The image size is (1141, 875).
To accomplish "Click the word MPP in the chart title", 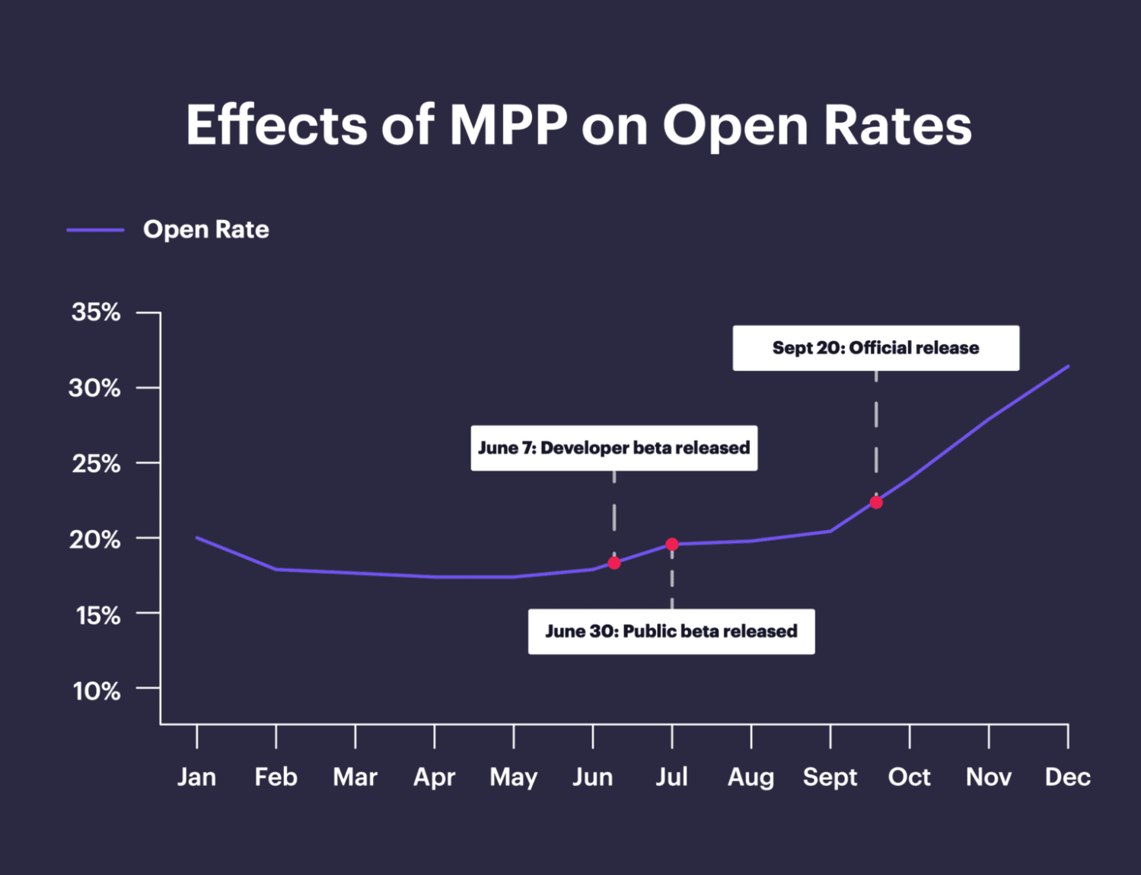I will pos(508,125).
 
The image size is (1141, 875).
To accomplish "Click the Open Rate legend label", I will pos(206,229).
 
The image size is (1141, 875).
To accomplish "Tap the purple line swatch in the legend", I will pos(95,229).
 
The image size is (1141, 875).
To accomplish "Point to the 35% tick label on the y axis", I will pos(96,311).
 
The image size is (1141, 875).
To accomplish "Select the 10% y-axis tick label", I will pos(96,691).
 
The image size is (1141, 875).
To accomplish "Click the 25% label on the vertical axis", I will pos(96,463).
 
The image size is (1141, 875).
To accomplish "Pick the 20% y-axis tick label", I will pos(96,539).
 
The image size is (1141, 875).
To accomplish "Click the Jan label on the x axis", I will pos(196,777).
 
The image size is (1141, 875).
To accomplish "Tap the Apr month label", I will pos(434,777).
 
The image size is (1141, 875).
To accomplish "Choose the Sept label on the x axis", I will pos(830,777).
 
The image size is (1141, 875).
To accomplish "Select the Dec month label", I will pos(1067,777).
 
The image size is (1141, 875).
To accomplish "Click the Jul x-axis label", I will pos(671,777).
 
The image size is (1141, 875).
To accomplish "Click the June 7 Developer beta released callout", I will pos(614,448).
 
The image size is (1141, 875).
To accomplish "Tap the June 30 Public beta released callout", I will pos(671,631).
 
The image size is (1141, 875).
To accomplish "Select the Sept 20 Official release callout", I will pos(875,348).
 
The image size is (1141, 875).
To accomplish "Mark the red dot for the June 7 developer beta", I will pos(614,563).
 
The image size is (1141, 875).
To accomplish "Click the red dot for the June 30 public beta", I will pos(672,544).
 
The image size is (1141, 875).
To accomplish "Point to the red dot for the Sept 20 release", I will pos(876,503).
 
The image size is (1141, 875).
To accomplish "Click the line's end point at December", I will pos(1068,366).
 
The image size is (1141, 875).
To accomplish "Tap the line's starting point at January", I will pos(197,538).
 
